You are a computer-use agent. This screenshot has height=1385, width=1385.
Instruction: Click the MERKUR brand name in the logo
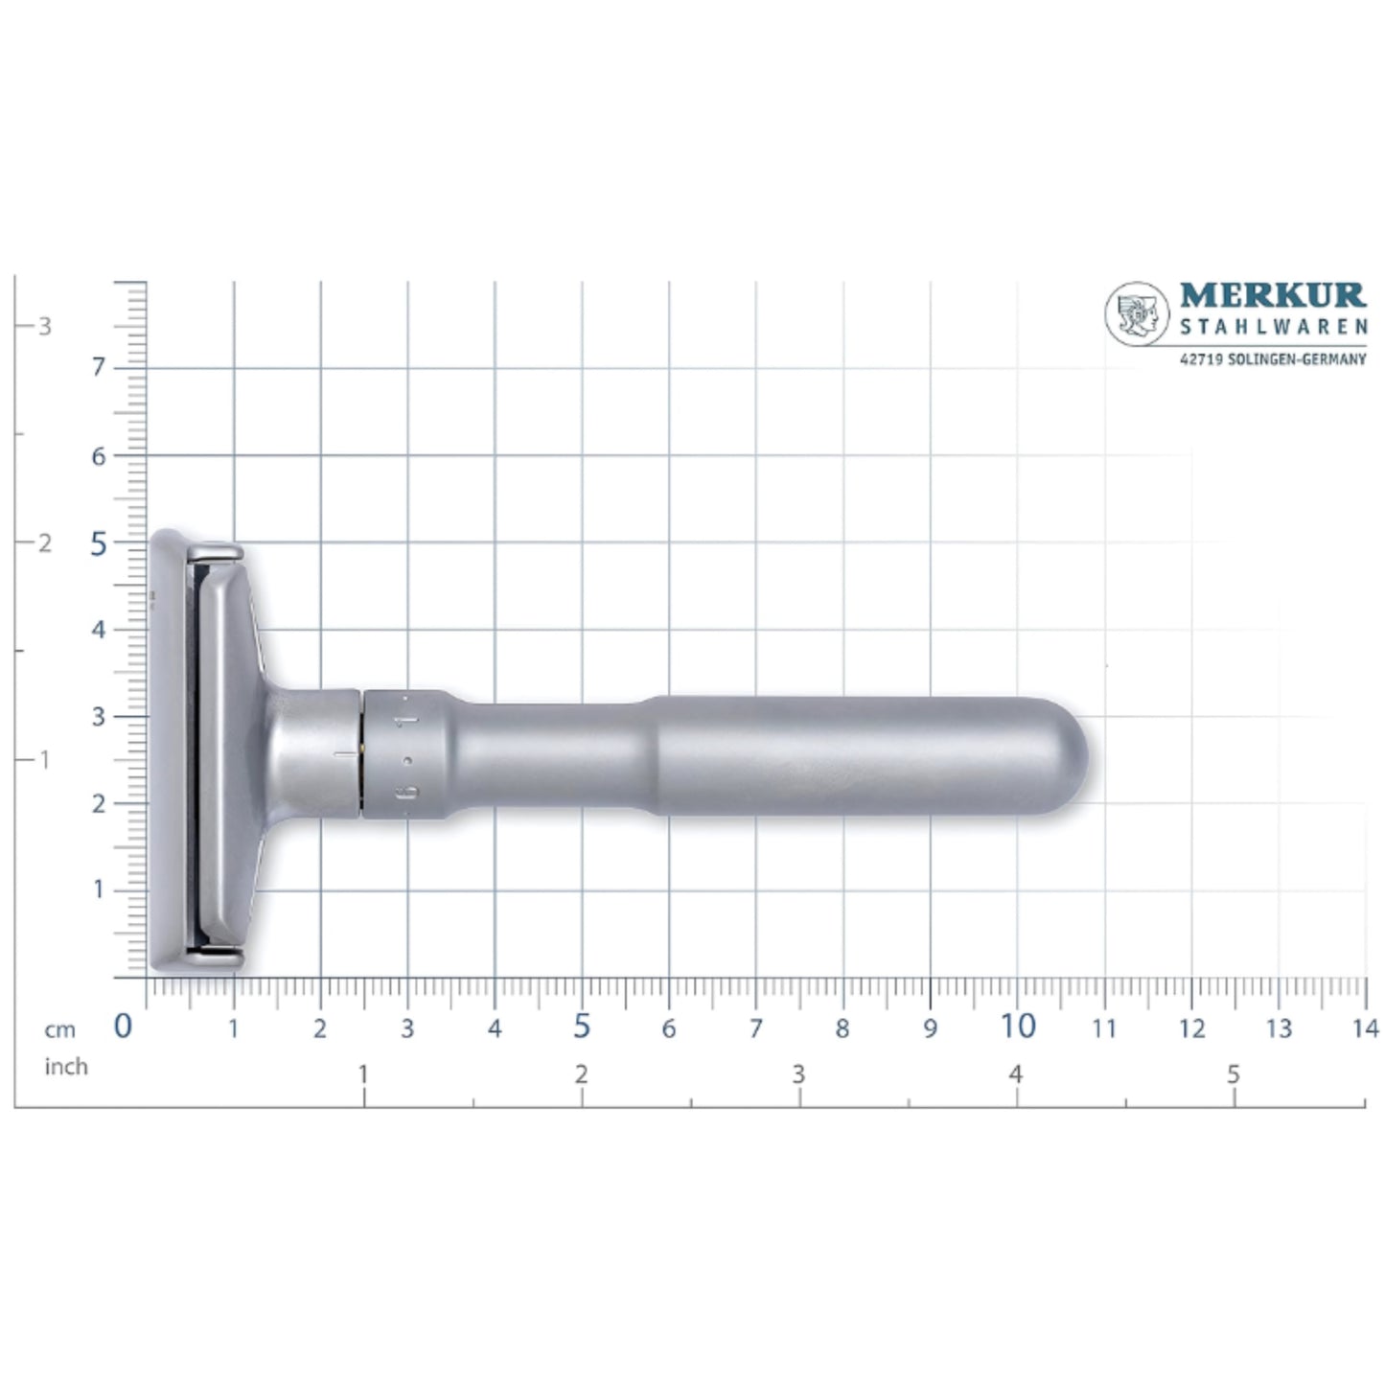click(1272, 295)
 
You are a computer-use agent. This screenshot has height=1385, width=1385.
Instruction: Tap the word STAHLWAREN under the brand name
click(1273, 328)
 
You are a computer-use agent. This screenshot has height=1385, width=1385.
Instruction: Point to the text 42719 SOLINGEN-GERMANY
click(1272, 359)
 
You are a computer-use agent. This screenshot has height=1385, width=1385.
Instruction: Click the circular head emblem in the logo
click(1137, 313)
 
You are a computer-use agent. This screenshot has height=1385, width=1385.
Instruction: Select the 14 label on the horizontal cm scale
click(1365, 1028)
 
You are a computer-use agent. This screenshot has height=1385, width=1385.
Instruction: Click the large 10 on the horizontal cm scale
click(1017, 1027)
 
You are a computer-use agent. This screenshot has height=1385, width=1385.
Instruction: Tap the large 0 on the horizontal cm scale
click(123, 1027)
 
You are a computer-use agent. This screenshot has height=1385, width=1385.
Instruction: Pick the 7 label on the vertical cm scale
click(99, 368)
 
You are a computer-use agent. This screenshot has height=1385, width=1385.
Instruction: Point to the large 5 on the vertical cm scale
click(99, 544)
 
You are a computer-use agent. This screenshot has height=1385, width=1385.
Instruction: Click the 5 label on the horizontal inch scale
click(1233, 1074)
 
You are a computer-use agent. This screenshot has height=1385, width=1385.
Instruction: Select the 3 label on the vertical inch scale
click(44, 326)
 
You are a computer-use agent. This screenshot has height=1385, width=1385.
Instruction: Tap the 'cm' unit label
click(59, 1030)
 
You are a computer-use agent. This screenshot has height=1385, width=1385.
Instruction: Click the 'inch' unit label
click(65, 1067)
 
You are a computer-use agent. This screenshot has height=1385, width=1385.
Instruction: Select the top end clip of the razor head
click(216, 551)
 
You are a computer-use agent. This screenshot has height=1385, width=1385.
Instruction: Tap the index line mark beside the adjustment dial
click(345, 755)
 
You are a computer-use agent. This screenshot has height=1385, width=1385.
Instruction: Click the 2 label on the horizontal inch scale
click(581, 1074)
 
